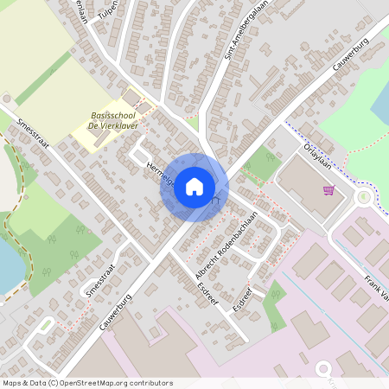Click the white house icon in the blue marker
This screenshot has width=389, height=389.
tap(194, 187)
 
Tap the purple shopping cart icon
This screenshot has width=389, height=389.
tap(328, 190)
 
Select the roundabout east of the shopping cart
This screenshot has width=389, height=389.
tap(364, 197)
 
